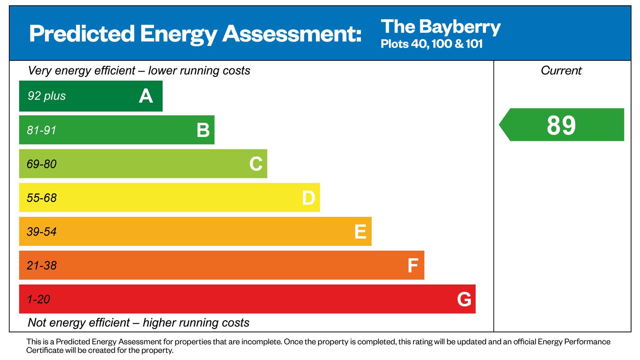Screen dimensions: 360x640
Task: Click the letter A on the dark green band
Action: pos(146,96)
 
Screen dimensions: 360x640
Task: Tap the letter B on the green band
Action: pos(203,130)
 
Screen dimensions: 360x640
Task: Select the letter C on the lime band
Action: pos(256,164)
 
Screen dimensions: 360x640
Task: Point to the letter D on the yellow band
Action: pos(308,198)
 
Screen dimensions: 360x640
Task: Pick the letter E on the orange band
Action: pos(360,232)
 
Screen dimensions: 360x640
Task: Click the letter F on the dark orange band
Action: pos(412,265)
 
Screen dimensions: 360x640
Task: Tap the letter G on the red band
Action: pos(464,299)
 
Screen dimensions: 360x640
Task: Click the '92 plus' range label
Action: pos(47,96)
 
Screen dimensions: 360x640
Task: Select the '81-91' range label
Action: pos(42,130)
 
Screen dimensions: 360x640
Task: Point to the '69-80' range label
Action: pos(42,164)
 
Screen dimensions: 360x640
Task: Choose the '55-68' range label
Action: pos(42,198)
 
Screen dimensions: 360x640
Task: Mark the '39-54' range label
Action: pos(42,232)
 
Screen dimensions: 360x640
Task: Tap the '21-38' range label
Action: pos(42,265)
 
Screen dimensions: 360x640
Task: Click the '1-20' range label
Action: pos(38,299)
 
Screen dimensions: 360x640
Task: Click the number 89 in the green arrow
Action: pos(561,125)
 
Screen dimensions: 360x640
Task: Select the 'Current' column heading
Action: pos(561,70)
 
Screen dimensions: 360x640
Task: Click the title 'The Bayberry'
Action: pos(441,27)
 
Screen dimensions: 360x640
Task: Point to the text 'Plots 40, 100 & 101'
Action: pos(431,44)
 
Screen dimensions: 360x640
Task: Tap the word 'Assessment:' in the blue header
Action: pos(292,34)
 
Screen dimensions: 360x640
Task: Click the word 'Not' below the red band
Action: pos(37,322)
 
